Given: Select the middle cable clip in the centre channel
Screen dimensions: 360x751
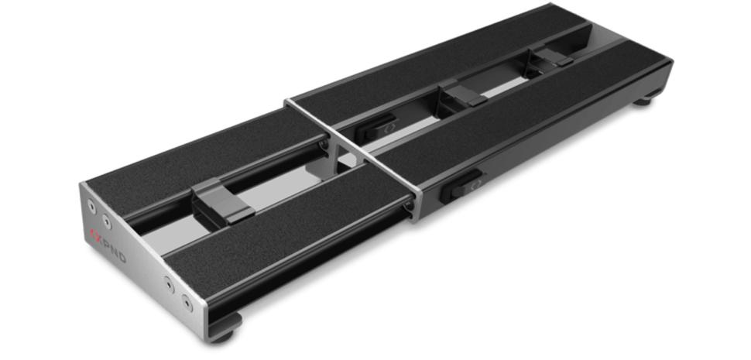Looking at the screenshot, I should click(463, 95).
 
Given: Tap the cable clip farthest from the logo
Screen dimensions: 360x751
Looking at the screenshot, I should click(552, 56).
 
